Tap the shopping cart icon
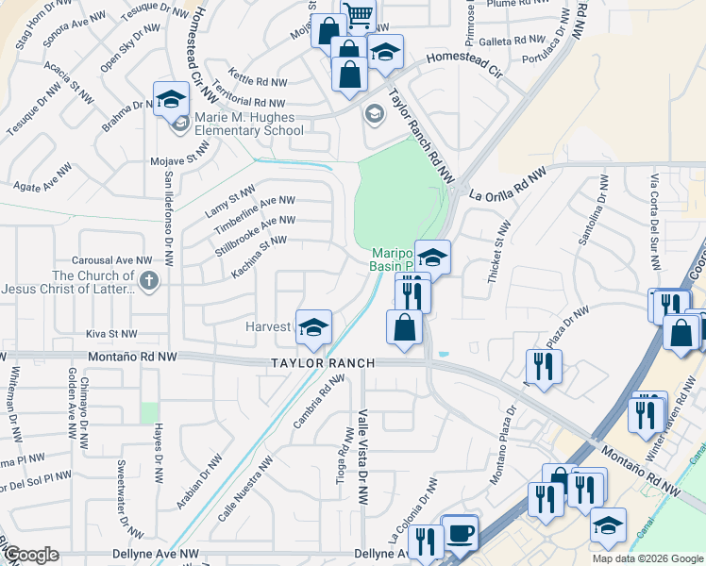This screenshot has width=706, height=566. (358, 13)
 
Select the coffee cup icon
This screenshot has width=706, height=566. (460, 532)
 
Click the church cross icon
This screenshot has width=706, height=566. (148, 280)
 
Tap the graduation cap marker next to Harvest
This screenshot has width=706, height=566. (314, 327)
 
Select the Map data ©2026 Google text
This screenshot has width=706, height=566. (647, 558)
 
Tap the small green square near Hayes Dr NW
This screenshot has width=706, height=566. (149, 412)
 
